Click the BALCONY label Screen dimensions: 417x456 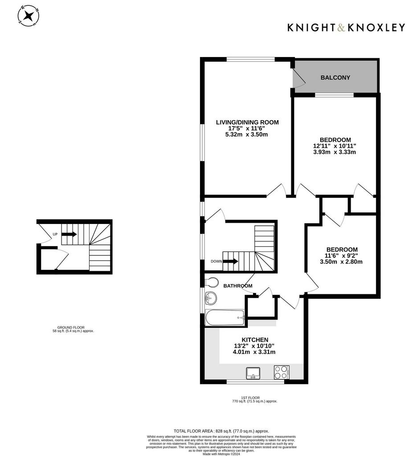335,77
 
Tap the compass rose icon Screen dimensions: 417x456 29,16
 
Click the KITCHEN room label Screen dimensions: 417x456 255,340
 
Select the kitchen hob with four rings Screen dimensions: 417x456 282,372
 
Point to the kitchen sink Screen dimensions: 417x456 253,373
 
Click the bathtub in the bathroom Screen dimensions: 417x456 225,317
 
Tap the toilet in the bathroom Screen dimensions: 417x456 212,282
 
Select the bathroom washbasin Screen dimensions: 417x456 210,298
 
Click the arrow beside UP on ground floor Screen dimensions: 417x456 69,234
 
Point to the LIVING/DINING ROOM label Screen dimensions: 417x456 247,122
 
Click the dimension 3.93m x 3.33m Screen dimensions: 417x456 334,152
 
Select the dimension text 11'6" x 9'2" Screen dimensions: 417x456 341,256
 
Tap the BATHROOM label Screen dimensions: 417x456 238,286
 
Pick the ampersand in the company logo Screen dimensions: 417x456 342,28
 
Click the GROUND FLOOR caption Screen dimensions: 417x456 71,327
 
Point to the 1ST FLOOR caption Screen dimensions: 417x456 250,398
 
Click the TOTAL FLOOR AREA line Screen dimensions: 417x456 221,431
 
